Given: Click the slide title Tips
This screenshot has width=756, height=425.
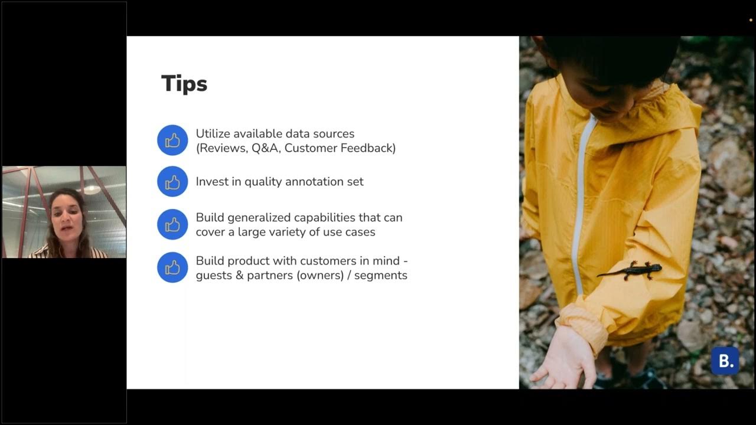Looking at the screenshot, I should (184, 84).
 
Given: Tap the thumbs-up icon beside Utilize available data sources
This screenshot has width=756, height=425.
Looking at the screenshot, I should (172, 140).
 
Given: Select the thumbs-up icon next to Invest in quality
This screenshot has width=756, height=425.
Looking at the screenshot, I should (172, 182).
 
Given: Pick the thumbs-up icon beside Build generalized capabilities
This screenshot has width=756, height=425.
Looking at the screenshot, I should (172, 224).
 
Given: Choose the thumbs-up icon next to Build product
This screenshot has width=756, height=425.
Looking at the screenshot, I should (172, 267).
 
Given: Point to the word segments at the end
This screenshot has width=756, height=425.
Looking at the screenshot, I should (381, 275).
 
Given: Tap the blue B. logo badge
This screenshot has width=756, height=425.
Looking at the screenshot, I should (725, 361).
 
